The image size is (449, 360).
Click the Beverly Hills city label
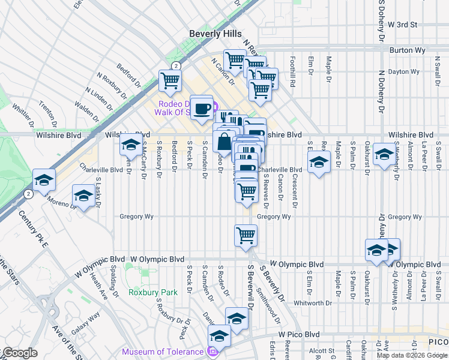coord(215,34)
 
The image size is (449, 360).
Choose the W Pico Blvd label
coord(298,334)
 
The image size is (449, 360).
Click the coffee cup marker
coord(201,107)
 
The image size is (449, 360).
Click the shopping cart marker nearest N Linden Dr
coord(170,80)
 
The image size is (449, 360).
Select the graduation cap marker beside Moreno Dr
coord(83,196)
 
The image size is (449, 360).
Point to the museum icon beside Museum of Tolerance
coord(211,352)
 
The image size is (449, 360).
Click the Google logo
coord(19,353)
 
